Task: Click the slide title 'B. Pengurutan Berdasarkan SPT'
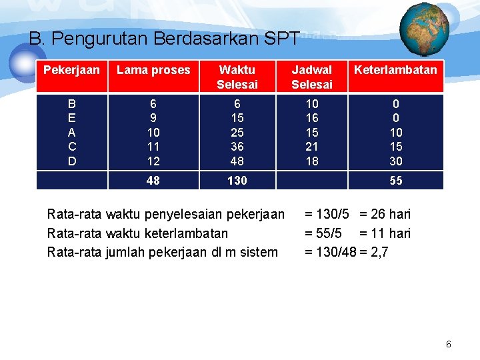click(x=164, y=39)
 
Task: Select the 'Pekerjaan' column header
click(x=72, y=69)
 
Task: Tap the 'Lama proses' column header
click(x=153, y=69)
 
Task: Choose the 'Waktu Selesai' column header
click(x=237, y=77)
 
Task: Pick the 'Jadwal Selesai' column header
click(x=312, y=77)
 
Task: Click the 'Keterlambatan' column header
click(x=395, y=69)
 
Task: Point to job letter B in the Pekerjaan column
click(x=72, y=105)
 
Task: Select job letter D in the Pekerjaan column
click(x=72, y=161)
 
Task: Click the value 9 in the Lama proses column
click(x=153, y=119)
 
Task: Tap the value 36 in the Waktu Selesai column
click(x=237, y=147)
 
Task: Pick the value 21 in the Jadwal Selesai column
click(x=312, y=147)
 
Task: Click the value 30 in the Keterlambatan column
click(x=396, y=161)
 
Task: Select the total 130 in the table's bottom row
click(x=237, y=181)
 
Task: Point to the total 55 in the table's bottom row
click(x=396, y=181)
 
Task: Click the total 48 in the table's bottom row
click(x=153, y=181)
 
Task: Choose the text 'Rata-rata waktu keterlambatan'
click(x=137, y=233)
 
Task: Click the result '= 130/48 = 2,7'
click(x=347, y=252)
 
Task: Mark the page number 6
click(x=449, y=344)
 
